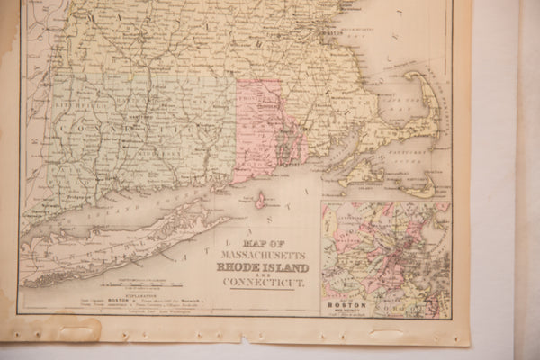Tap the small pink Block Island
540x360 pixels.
click(260, 201)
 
